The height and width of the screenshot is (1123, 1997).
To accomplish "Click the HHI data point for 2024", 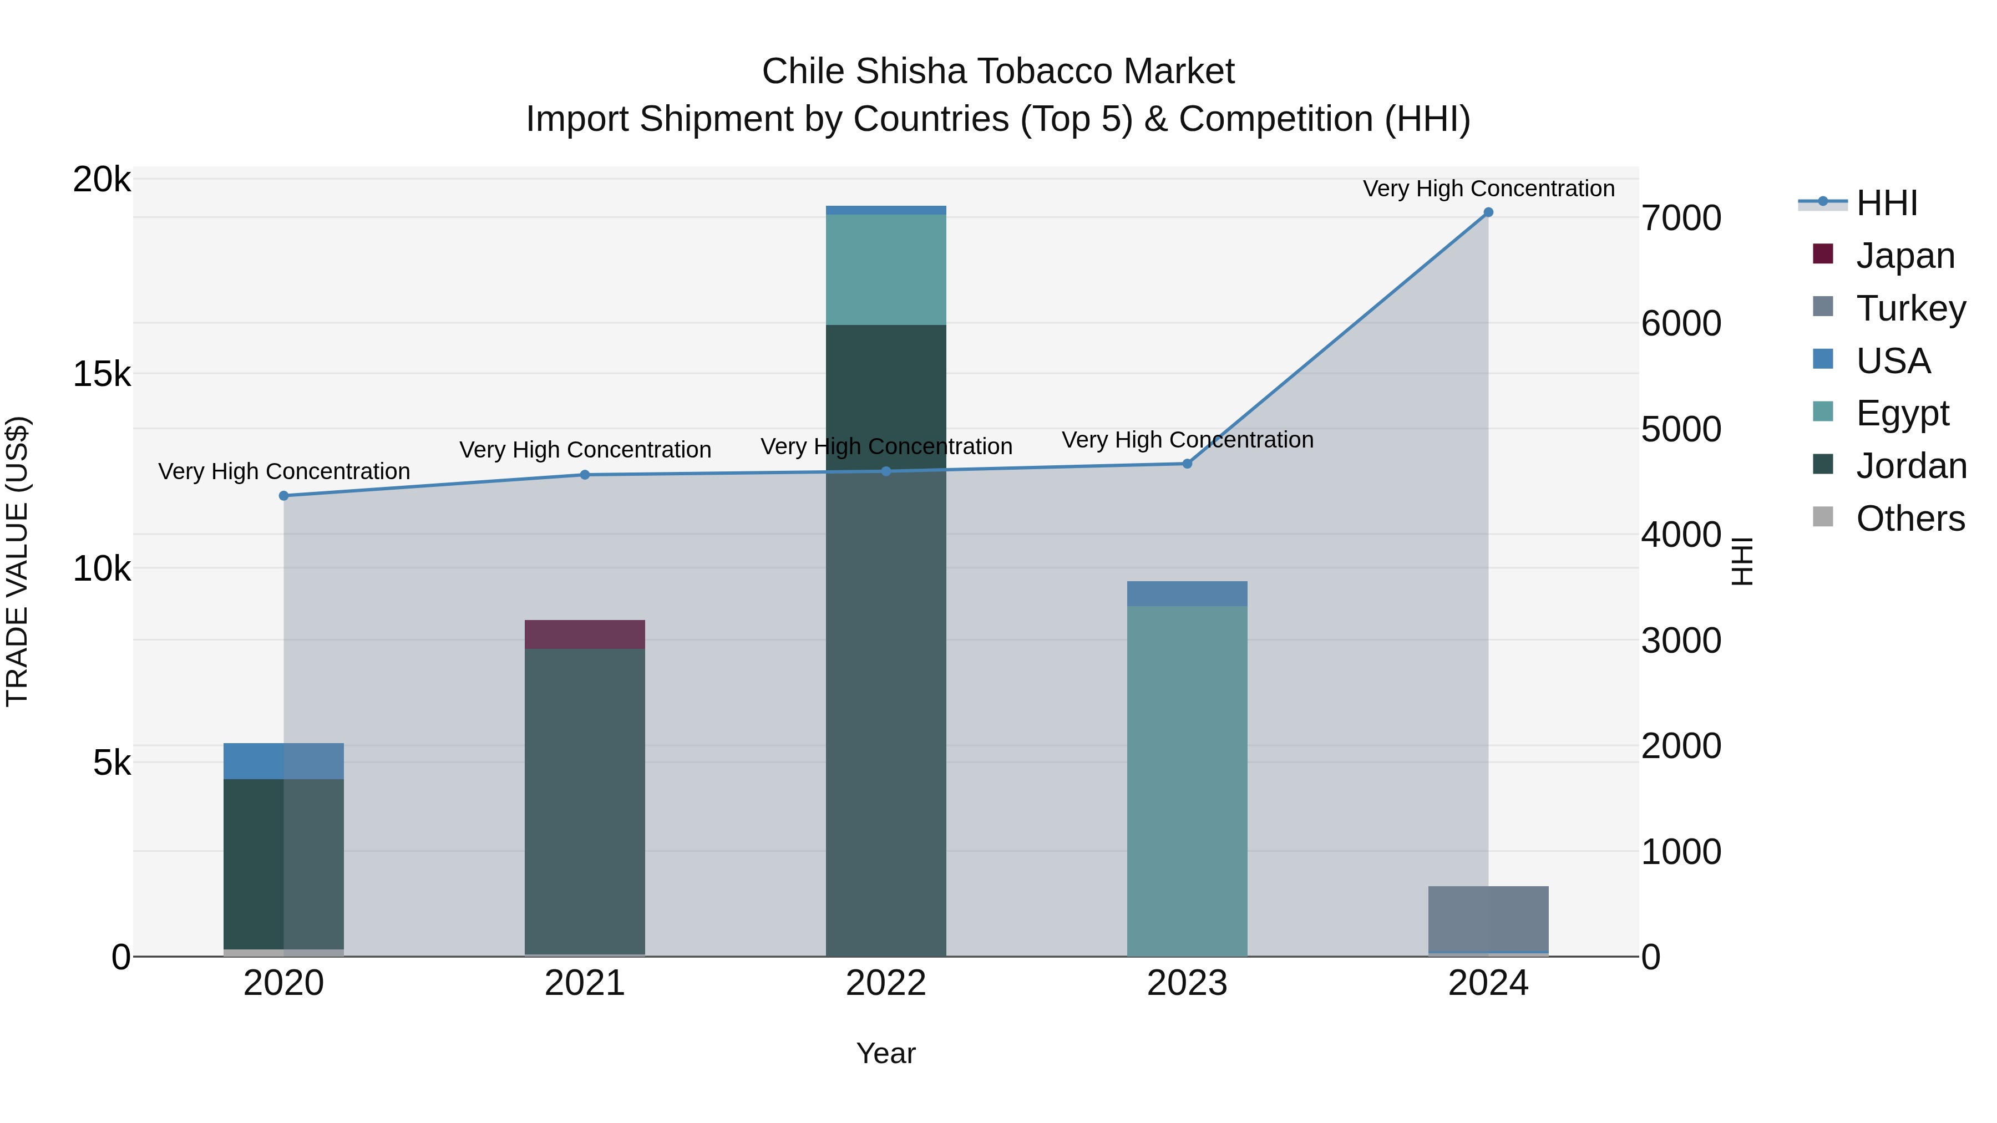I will click(1488, 212).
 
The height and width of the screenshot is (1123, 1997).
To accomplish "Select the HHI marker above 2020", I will click(283, 496).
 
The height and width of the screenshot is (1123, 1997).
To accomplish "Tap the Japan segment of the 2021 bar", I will click(585, 634).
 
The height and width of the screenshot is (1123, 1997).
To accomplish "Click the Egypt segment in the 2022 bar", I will click(885, 269).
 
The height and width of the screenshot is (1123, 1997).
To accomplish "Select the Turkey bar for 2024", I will click(1488, 918).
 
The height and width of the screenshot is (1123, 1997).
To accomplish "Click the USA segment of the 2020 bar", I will click(283, 761).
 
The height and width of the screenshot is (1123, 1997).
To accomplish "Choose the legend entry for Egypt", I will click(1902, 413).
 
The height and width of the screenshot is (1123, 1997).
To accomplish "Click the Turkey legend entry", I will click(1910, 308).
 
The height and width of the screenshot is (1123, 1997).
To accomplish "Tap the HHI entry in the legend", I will click(1886, 203).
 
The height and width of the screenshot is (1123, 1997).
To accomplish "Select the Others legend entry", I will click(1909, 519).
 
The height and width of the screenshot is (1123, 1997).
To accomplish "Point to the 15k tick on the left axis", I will click(102, 374).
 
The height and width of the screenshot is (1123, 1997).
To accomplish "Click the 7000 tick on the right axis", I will click(1681, 218).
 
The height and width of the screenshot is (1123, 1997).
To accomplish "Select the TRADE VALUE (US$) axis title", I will click(17, 561).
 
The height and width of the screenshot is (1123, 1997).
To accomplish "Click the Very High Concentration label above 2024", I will click(1488, 189).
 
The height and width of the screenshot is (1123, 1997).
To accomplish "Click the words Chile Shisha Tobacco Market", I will click(998, 72).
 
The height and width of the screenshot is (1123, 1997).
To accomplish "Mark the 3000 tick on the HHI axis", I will click(1681, 641).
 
